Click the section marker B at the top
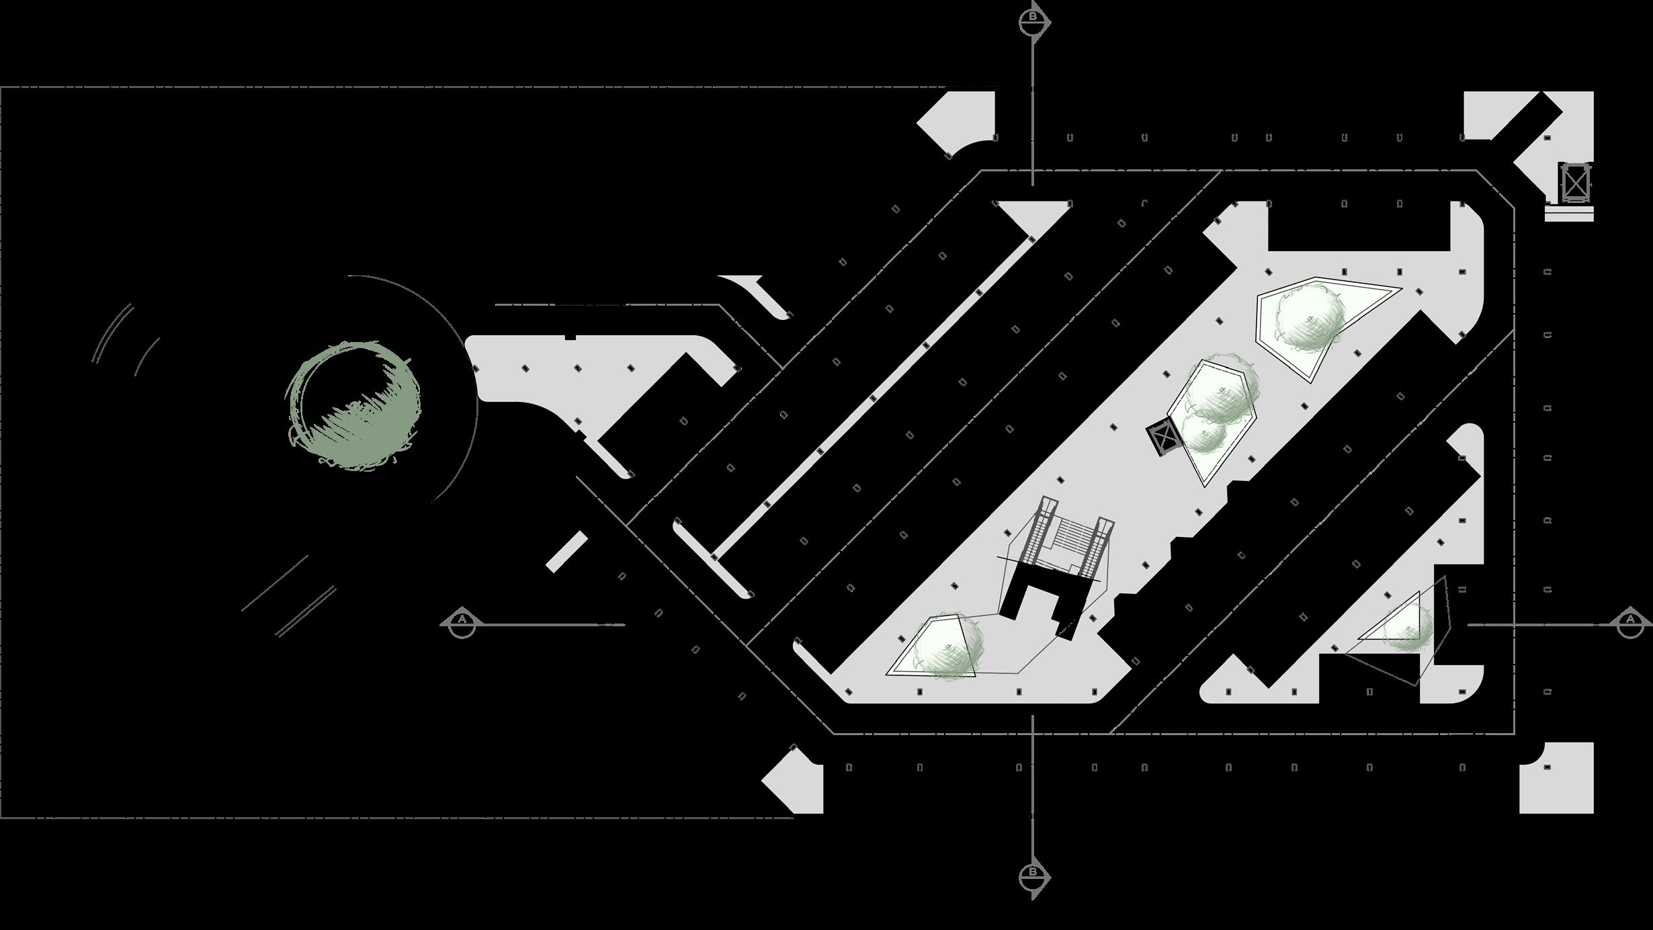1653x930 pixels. click(x=1033, y=21)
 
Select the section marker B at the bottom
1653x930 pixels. click(x=1033, y=876)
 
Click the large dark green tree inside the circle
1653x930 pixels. click(x=354, y=406)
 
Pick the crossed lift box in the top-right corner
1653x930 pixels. click(x=1575, y=181)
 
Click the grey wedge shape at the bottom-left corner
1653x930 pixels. click(x=796, y=779)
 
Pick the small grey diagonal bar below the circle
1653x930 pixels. click(x=566, y=552)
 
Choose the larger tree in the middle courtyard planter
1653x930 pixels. click(x=1220, y=390)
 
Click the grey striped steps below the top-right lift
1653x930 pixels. click(x=1569, y=213)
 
